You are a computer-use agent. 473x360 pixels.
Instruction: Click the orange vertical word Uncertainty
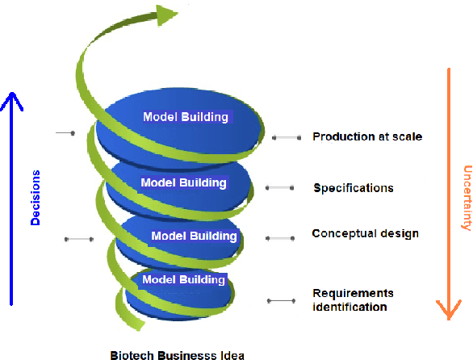pos(467,199)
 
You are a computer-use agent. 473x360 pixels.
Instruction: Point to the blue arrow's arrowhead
pos(11,100)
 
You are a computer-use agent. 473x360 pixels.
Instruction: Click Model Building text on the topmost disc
pos(186,117)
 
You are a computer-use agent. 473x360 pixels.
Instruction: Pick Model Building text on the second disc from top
pos(183,182)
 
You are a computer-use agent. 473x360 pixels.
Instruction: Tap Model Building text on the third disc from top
pos(195,237)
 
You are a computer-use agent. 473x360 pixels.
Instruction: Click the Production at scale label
pos(367,136)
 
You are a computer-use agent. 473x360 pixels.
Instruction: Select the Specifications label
pos(354,188)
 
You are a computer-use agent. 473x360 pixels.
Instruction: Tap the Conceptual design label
pos(365,234)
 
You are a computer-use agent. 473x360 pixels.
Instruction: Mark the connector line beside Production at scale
pos(286,138)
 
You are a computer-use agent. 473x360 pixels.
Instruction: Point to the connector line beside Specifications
pos(279,188)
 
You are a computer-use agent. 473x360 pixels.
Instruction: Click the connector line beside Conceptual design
pos(279,238)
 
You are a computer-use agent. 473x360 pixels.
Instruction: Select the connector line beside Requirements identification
pos(281,300)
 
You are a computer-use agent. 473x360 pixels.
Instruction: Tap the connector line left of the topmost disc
pos(65,132)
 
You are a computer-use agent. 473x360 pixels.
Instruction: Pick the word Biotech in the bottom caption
pos(130,354)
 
